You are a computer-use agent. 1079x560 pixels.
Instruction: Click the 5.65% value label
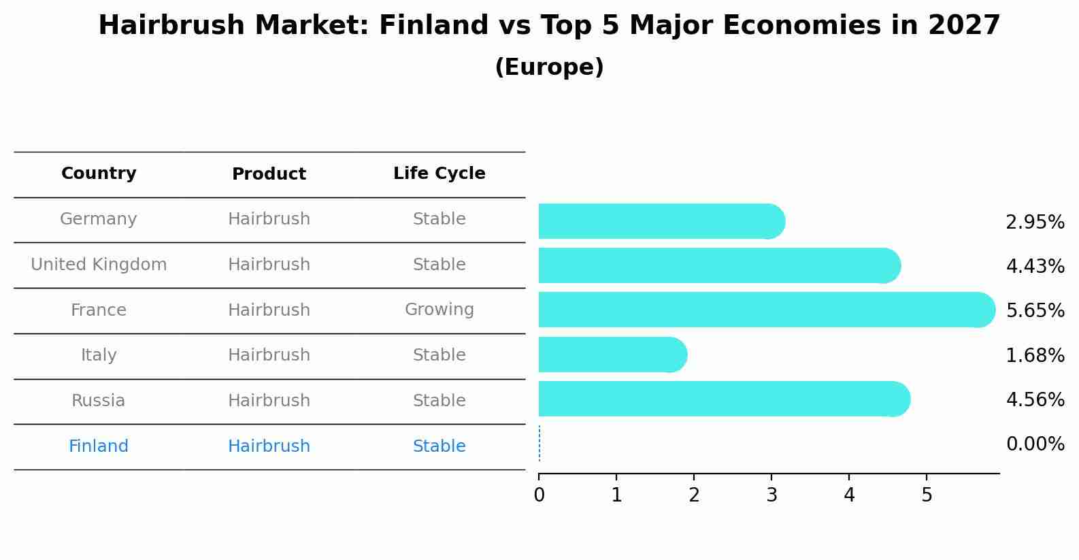(1035, 311)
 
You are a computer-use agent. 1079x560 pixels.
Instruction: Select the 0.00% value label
(1035, 444)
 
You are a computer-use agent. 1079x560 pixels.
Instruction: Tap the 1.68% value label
(1035, 355)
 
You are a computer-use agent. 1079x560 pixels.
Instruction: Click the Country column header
(99, 174)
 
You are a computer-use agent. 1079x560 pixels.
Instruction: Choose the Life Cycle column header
(439, 174)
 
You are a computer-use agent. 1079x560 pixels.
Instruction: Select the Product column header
(269, 174)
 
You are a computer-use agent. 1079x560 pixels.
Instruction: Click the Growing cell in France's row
(439, 310)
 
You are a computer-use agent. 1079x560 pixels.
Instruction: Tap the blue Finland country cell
(99, 446)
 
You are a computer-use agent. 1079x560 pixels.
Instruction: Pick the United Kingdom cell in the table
(99, 265)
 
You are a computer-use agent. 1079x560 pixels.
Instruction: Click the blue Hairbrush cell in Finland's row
(269, 446)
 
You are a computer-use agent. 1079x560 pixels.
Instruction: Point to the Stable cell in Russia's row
(439, 401)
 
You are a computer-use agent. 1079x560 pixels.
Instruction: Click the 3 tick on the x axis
(771, 495)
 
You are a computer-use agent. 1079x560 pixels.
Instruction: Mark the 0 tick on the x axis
(539, 495)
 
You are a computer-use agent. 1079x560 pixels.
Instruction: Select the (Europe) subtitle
(549, 67)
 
